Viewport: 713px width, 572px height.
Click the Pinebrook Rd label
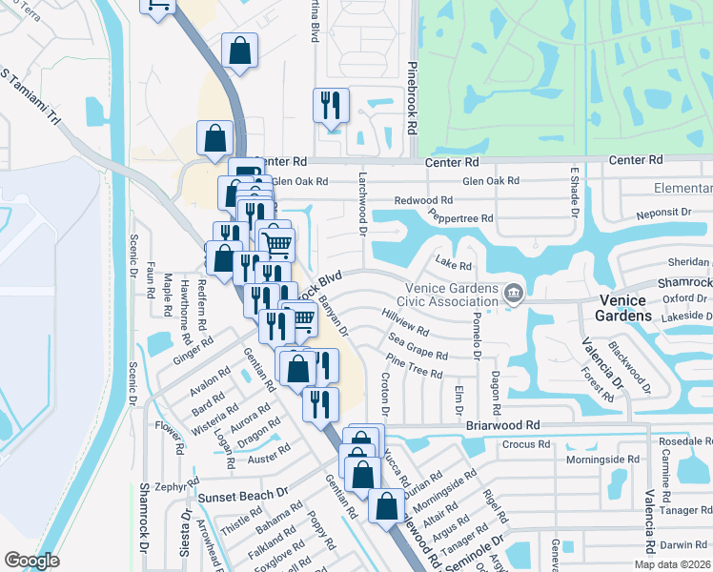point(412,99)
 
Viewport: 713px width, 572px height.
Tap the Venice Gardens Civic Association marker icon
point(514,292)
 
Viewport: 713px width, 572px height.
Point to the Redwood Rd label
point(424,200)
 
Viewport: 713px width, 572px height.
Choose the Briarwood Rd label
point(503,425)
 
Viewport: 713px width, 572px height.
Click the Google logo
point(32,561)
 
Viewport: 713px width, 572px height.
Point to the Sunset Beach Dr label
point(242,496)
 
